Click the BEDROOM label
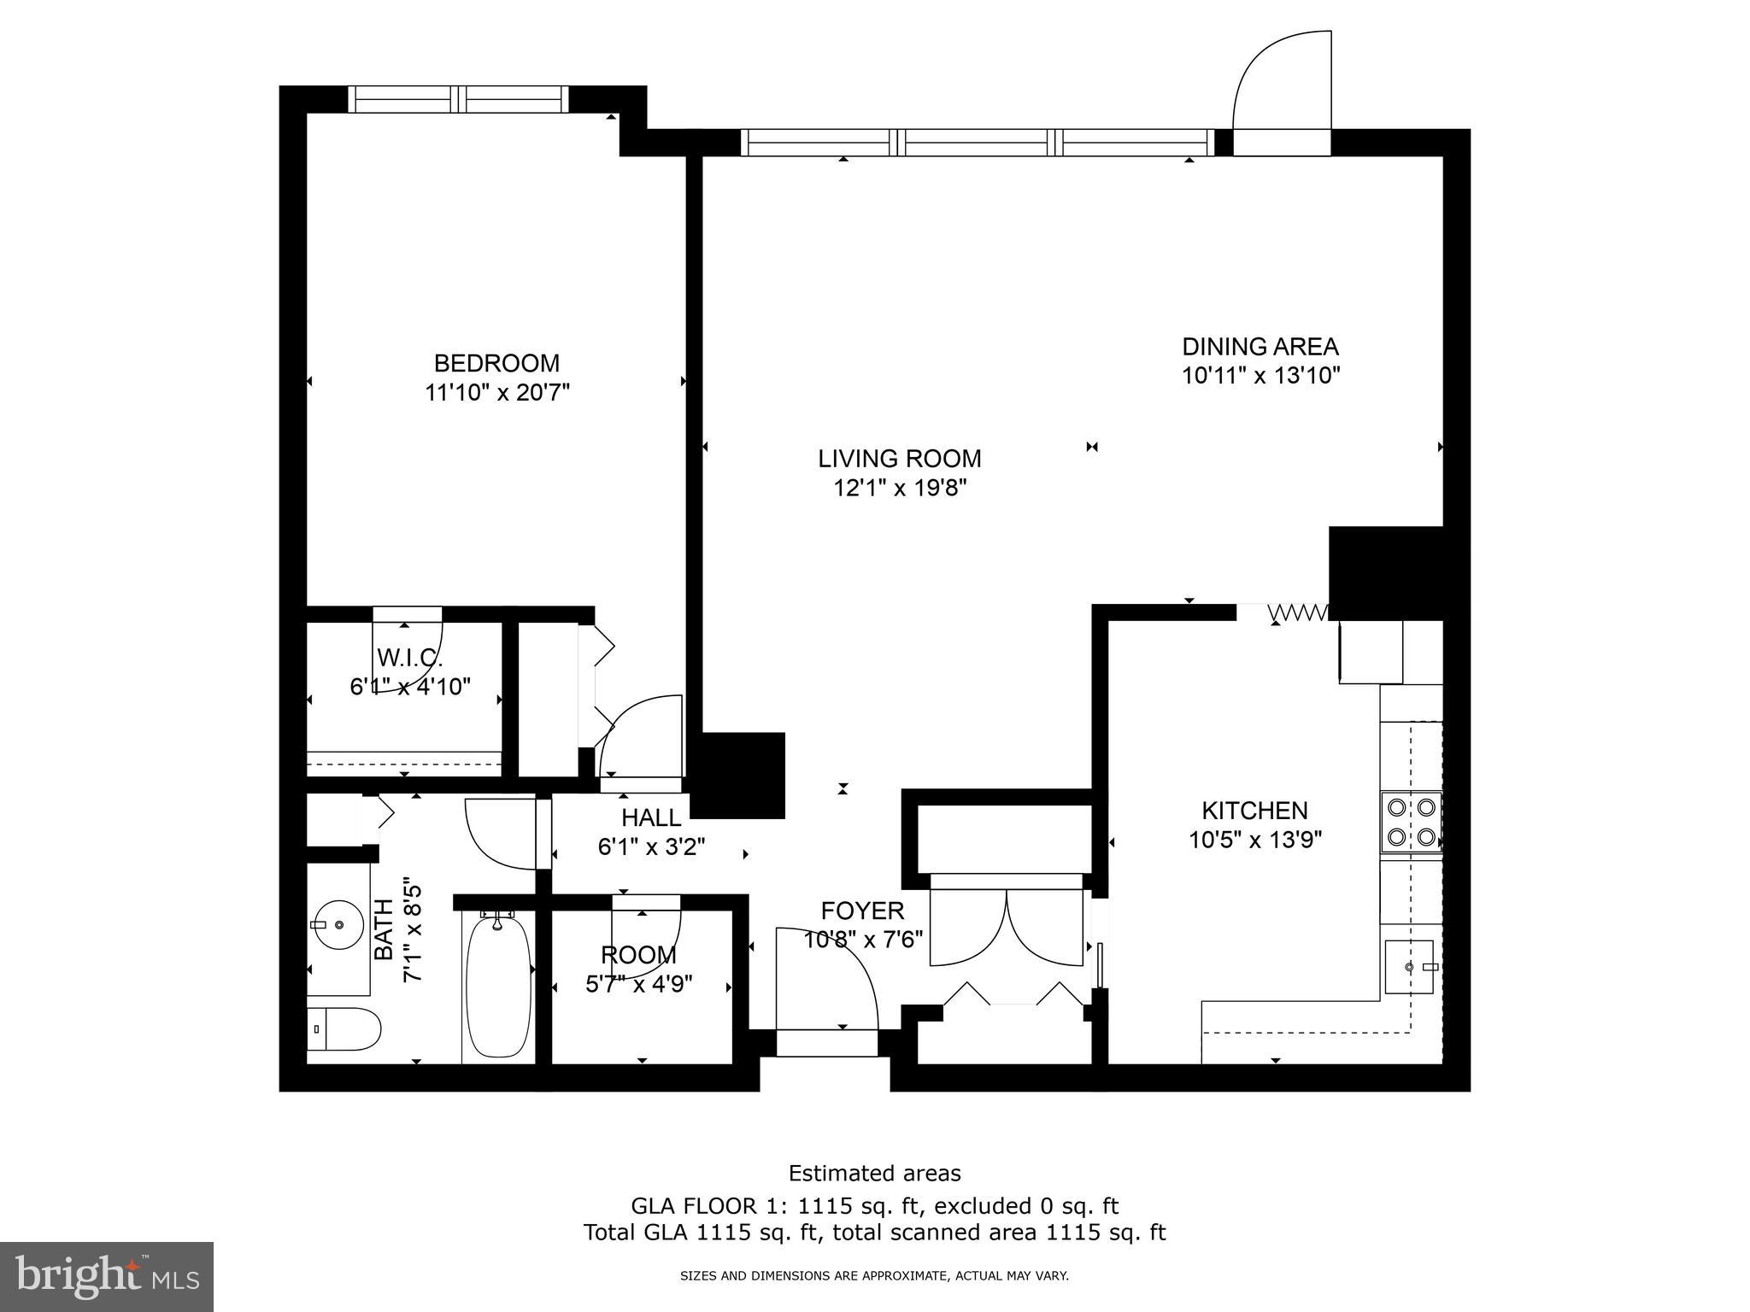(496, 363)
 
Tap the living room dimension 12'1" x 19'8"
(900, 489)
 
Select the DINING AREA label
(1260, 347)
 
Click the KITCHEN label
(1254, 811)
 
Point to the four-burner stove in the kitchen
(1411, 822)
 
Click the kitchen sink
(1409, 966)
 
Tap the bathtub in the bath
(498, 987)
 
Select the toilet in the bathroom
(344, 1029)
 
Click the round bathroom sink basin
(338, 925)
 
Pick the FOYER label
(862, 911)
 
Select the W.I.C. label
(409, 659)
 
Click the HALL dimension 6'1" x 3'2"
(651, 847)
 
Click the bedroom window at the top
(458, 99)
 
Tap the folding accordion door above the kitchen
(1298, 612)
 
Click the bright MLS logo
(107, 1276)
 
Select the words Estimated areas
(874, 1173)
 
